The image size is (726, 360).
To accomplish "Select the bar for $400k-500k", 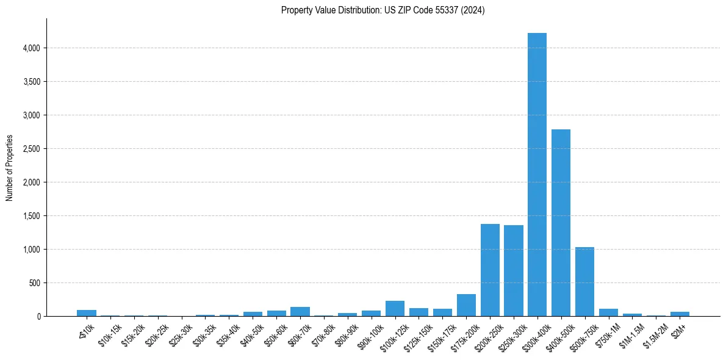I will (561, 223).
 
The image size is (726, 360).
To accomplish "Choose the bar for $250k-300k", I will (514, 271).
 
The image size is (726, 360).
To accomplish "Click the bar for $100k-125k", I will (395, 309).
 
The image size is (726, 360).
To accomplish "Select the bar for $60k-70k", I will (300, 312).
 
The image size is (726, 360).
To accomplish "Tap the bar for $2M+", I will (680, 314).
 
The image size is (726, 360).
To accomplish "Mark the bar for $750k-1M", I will (608, 312).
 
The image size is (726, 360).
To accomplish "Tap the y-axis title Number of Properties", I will (9, 168).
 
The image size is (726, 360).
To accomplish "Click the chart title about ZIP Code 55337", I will (383, 10).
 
